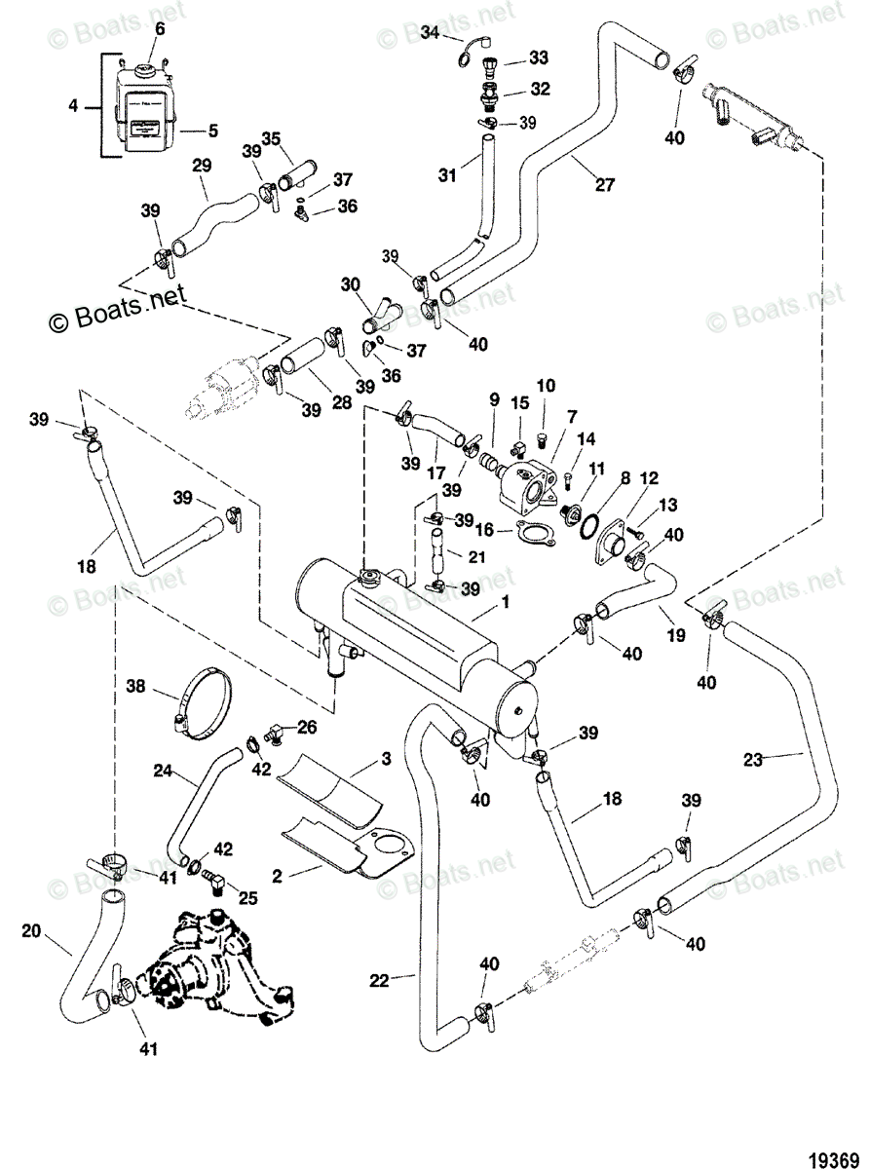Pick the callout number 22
click(x=380, y=980)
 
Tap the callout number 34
click(x=431, y=33)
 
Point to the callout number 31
click(x=446, y=175)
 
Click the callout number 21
click(x=476, y=556)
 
